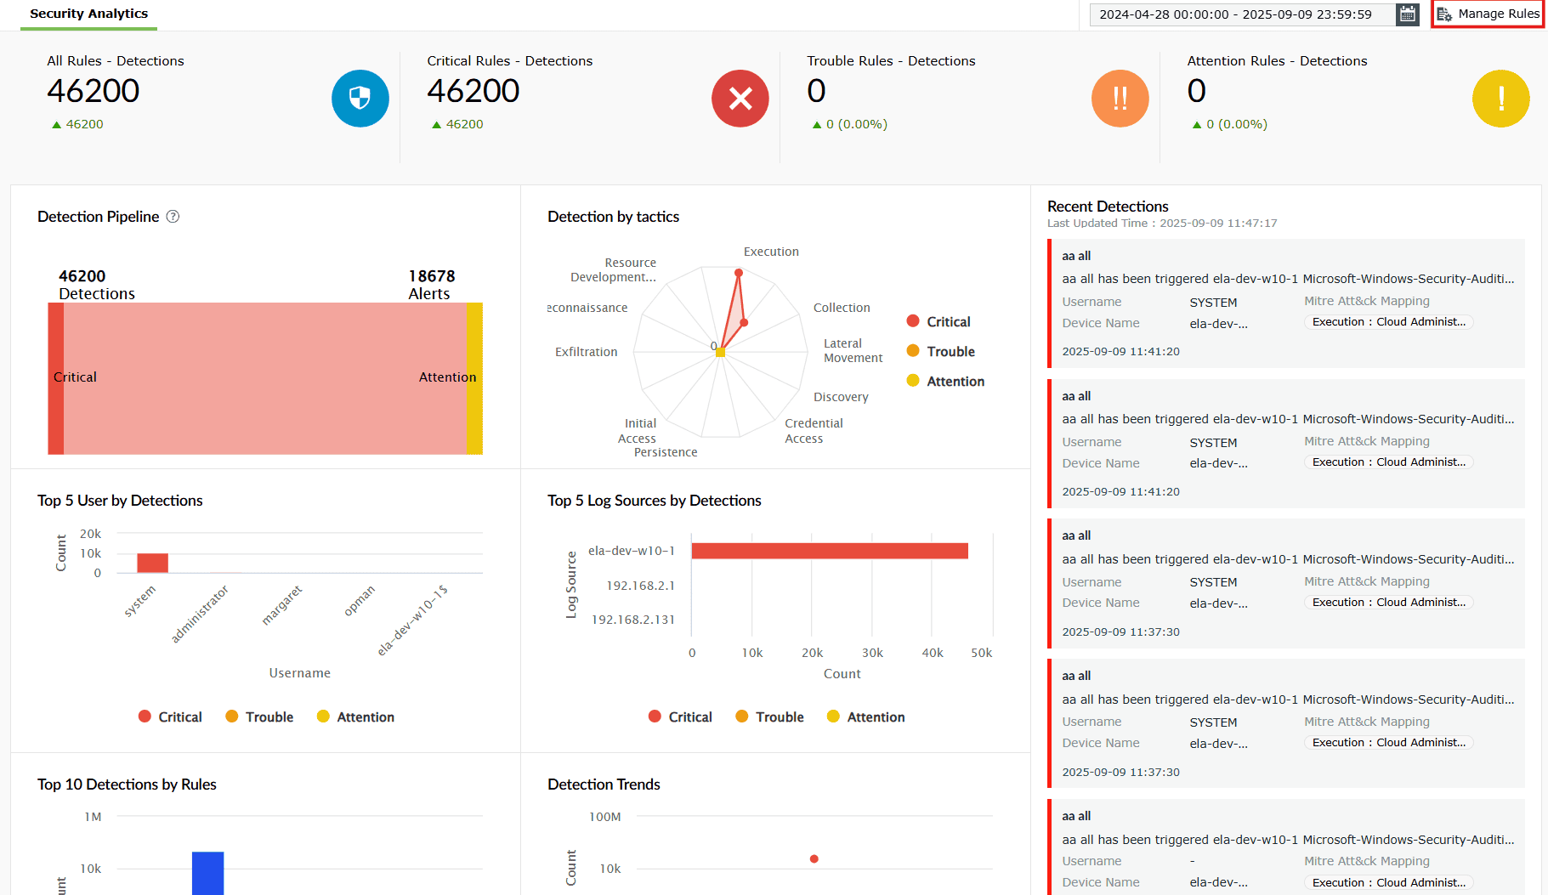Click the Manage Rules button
(x=1488, y=14)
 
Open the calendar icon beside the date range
(x=1408, y=14)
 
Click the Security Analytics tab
(x=88, y=14)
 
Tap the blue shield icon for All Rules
(x=360, y=99)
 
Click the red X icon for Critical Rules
(x=740, y=99)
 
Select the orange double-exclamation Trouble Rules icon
(x=1120, y=99)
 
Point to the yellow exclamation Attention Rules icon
(x=1500, y=99)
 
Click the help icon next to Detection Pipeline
(x=173, y=217)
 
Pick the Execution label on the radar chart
(x=771, y=252)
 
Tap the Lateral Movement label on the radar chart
(x=853, y=350)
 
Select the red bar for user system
(x=153, y=563)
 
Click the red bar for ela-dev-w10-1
(x=830, y=551)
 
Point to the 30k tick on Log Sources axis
(x=872, y=653)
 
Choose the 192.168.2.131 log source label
(x=632, y=620)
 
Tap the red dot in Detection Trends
(x=814, y=858)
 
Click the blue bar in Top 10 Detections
(x=207, y=873)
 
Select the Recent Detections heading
(x=1108, y=207)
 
